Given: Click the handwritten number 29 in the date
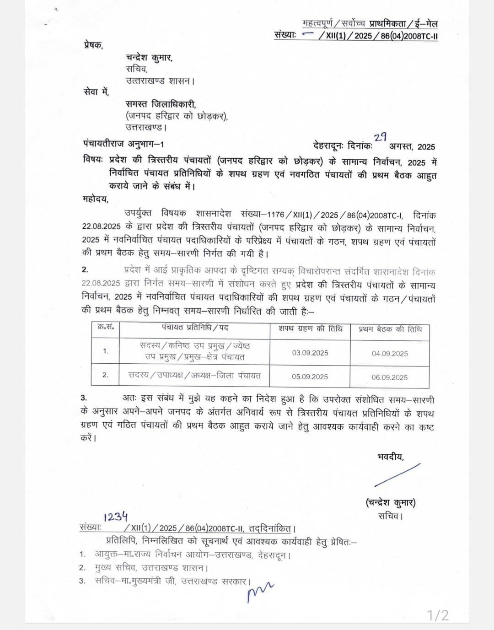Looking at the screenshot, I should (381, 137).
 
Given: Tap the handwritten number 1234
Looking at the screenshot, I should (115, 517).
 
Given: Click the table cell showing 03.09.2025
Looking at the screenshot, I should (310, 353).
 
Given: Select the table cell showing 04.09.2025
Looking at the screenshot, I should (390, 354).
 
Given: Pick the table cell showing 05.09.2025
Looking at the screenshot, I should (310, 377).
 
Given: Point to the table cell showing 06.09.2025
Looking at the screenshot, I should (390, 377).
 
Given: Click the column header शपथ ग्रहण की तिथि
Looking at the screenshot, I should (310, 328).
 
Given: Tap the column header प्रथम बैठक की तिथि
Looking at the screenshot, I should (390, 329).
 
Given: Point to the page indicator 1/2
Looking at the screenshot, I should (438, 615).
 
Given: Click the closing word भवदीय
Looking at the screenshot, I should (390, 456).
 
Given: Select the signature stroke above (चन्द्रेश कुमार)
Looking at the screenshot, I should (397, 475).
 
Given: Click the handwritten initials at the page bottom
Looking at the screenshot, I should (259, 592).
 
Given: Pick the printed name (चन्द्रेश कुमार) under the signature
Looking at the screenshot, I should (391, 502).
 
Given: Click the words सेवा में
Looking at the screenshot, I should (96, 92).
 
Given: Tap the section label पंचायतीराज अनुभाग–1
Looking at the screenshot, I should (123, 144).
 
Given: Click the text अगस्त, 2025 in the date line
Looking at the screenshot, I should (412, 146).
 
